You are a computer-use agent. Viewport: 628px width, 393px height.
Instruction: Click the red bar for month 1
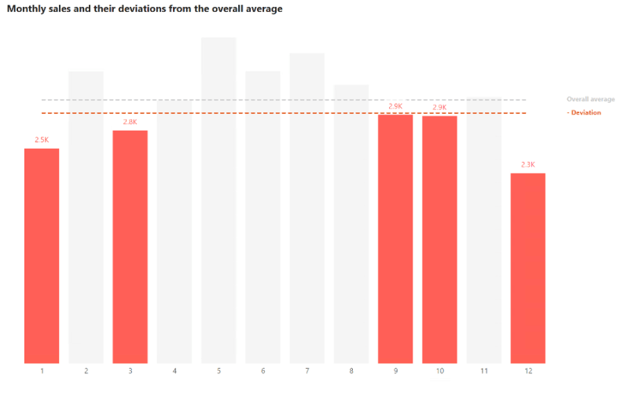tap(42, 255)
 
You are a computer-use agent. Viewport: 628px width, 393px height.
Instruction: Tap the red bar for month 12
tap(527, 267)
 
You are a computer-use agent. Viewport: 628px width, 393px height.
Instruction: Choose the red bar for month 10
tap(439, 239)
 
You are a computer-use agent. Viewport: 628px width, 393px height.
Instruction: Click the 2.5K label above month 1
tap(42, 140)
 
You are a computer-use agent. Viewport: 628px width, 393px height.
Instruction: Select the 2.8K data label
tap(130, 122)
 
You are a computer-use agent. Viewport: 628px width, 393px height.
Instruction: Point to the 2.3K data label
tap(527, 165)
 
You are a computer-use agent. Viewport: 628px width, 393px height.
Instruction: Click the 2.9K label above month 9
tap(395, 106)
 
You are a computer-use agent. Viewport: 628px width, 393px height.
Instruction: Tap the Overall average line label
tap(590, 100)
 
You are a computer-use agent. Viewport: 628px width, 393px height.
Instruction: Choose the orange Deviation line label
tap(586, 113)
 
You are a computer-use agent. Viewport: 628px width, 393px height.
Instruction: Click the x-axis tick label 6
tap(263, 370)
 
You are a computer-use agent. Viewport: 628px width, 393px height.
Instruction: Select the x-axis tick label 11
tap(484, 370)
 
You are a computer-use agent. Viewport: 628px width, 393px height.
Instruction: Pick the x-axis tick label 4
tap(174, 370)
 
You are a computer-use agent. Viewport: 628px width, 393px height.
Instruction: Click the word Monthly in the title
tap(27, 9)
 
